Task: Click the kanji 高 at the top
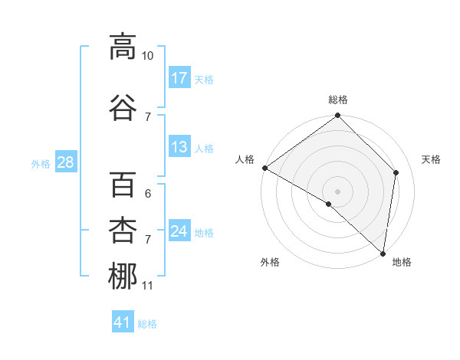click(123, 47)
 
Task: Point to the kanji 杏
click(123, 231)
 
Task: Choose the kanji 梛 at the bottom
click(123, 277)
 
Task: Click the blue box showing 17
click(179, 78)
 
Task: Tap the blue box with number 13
click(179, 148)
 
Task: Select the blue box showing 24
click(179, 232)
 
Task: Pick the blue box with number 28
click(65, 162)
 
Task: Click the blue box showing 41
click(123, 323)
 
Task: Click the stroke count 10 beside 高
click(148, 56)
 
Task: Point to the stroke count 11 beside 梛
click(147, 286)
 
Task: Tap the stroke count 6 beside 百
click(148, 194)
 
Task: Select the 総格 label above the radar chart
click(338, 100)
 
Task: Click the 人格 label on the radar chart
click(245, 159)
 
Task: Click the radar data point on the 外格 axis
click(329, 204)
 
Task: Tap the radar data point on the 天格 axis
click(396, 172)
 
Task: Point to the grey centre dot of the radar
click(338, 191)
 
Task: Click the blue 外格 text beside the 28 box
click(40, 163)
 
